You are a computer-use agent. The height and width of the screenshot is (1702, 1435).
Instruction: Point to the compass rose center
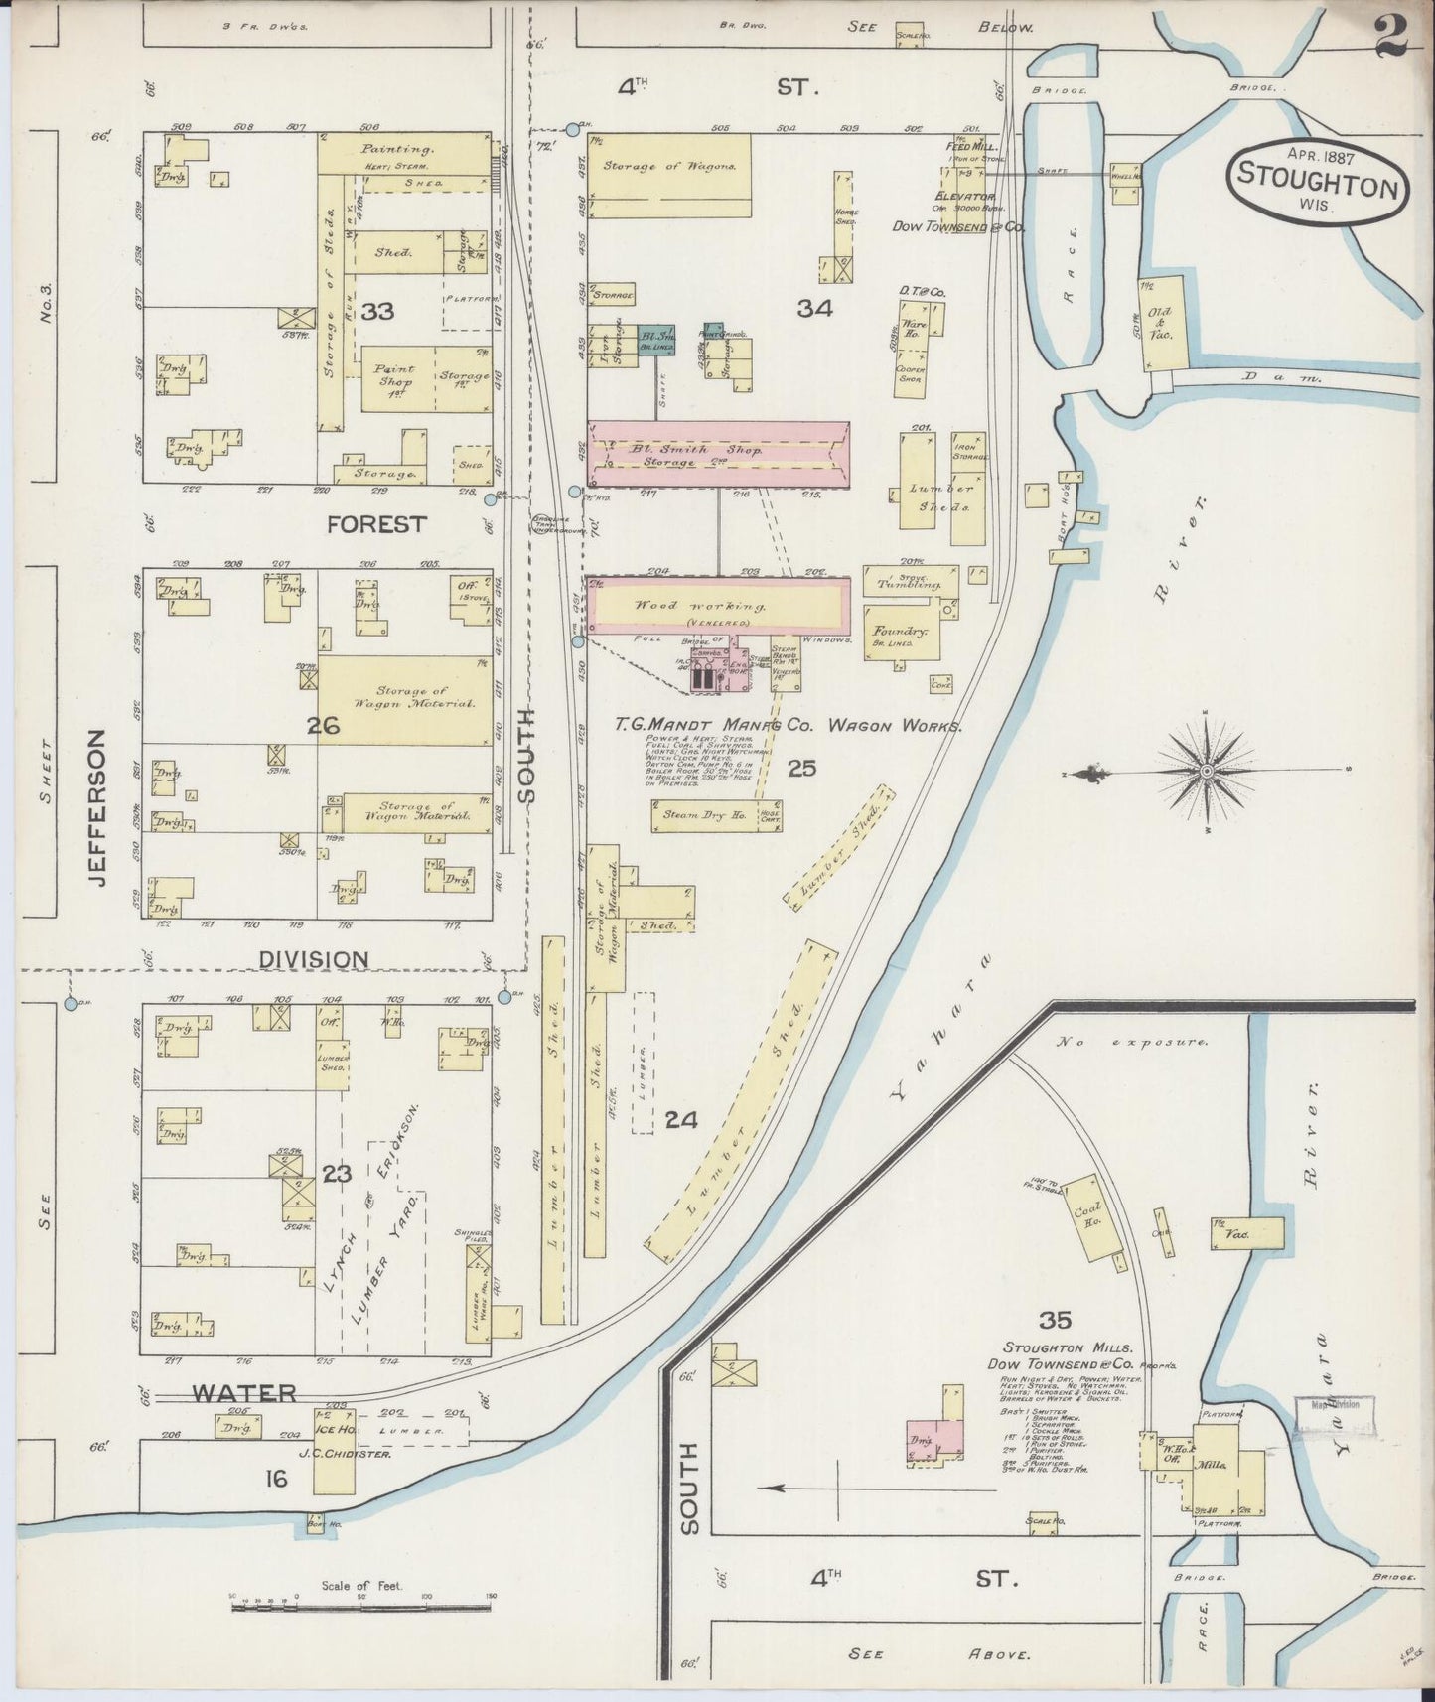(x=1204, y=770)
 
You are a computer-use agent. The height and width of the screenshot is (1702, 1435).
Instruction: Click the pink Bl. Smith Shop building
(x=718, y=454)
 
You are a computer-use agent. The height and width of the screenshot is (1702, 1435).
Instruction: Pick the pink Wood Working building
(x=718, y=606)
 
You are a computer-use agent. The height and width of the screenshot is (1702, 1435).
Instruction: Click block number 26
(x=323, y=726)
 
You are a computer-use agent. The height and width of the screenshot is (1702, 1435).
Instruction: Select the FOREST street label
(x=377, y=524)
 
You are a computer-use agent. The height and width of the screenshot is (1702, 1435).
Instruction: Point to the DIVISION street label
(x=314, y=959)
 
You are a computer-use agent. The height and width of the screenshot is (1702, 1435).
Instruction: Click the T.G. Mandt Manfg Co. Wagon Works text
(x=788, y=727)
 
